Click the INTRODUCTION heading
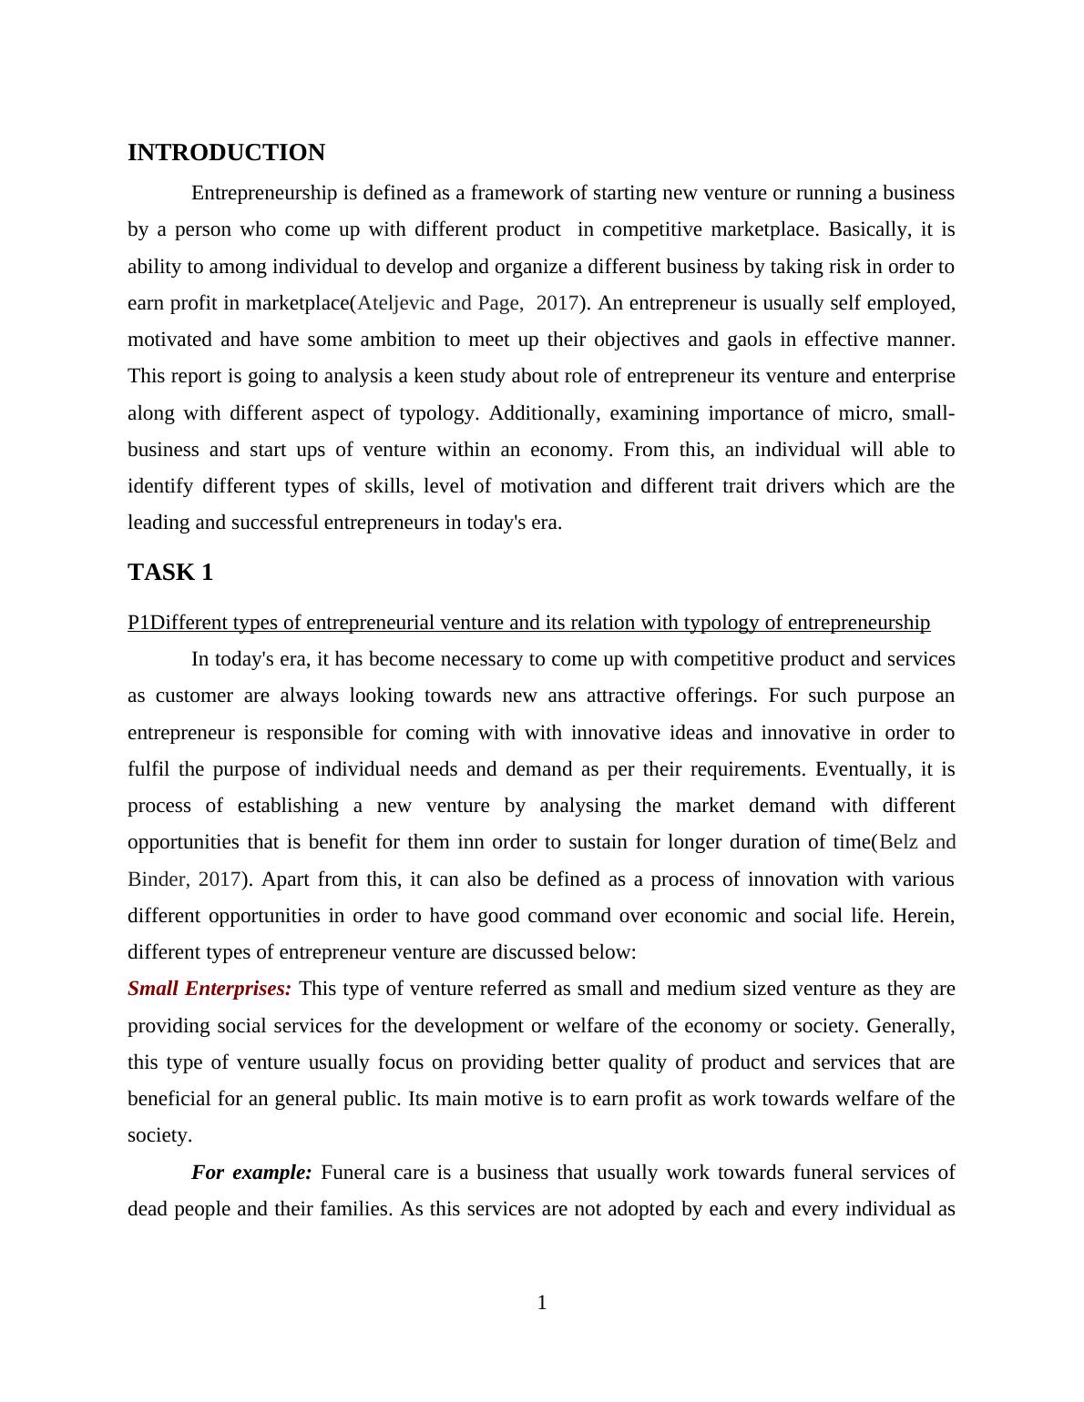(226, 153)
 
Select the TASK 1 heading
(170, 573)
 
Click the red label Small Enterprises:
(210, 989)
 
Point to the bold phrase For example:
(251, 1173)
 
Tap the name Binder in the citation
(157, 879)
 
